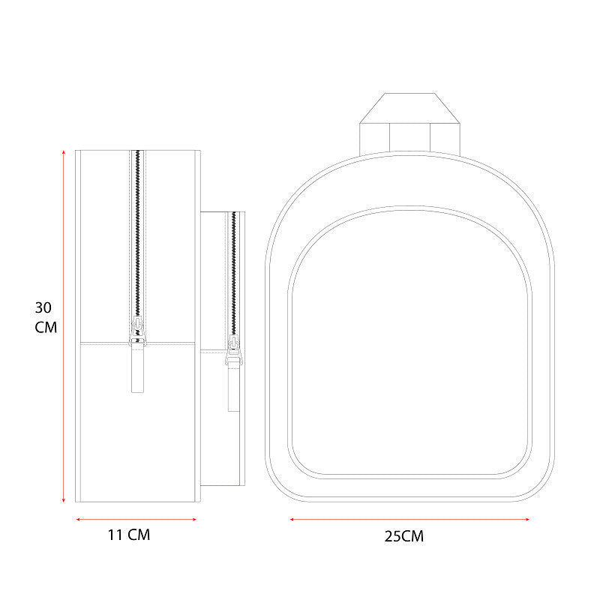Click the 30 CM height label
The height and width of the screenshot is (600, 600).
coord(46,317)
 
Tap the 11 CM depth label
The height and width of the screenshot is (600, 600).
coord(129,535)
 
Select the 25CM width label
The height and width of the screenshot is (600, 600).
coord(404,536)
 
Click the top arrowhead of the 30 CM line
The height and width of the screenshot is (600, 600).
coord(64,152)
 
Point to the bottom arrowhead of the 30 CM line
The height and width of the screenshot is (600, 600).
coord(64,499)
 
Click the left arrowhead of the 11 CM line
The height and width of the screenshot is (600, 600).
coord(78,519)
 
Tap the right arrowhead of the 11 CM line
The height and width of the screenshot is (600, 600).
coord(194,519)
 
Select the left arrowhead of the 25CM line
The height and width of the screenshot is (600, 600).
coord(292,519)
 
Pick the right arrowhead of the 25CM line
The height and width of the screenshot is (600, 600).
coord(527,519)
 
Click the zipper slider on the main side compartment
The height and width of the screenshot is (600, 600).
coord(138,330)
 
